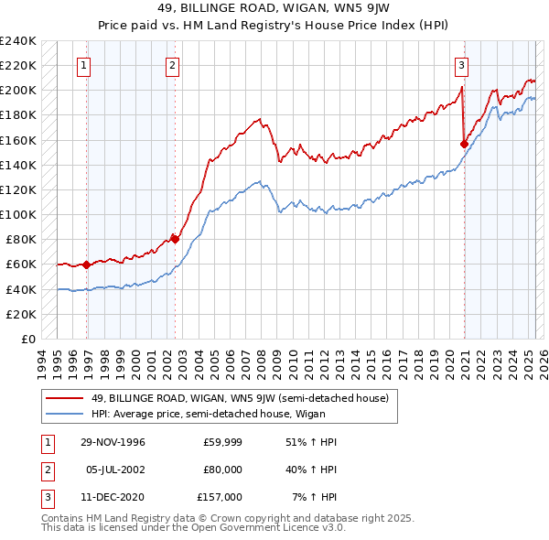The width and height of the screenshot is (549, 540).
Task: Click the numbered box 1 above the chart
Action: pos(83,65)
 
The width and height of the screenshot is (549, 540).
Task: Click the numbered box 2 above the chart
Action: pos(172,65)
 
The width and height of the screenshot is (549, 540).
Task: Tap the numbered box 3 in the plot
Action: pos(462,65)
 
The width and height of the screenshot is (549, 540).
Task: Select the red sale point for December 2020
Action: pos(464,144)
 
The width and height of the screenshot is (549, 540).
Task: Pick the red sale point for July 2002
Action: pos(175,240)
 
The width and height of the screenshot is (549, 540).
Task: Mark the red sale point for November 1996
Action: pos(87,265)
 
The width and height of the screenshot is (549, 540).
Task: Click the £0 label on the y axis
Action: pos(27,339)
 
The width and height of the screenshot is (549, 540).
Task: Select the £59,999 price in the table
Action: pos(222,442)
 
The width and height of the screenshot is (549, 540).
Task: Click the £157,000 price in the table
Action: pos(220,497)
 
